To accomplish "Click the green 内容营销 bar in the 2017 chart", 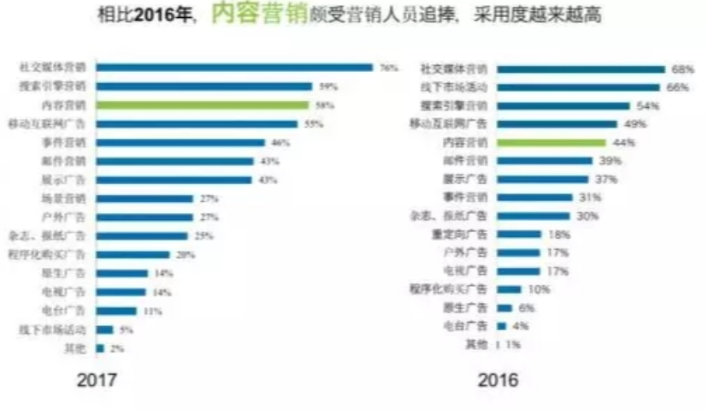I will pos(203,105).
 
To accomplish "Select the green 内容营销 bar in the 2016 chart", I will pos(551,142).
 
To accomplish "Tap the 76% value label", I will pos(389,68).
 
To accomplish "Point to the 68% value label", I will pos(682,69).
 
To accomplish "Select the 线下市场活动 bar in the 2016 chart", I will pos(578,87).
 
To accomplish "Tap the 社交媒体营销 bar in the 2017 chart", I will pos(235,68).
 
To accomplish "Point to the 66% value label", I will pos(677,87).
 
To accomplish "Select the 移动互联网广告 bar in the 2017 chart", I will pos(198,124).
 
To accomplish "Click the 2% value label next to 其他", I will pos(116,348).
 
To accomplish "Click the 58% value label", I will pos(325,105).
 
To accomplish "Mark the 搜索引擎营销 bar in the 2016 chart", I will pos(563,106).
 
